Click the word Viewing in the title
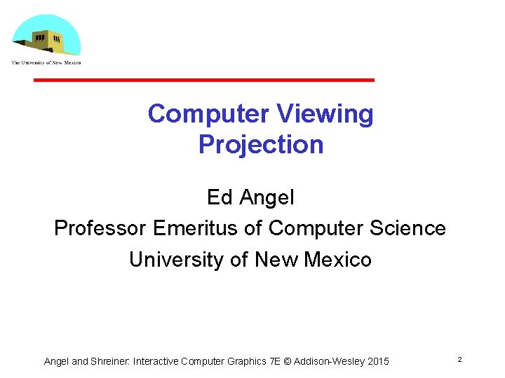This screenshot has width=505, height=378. (x=325, y=113)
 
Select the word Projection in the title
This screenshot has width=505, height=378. (x=261, y=144)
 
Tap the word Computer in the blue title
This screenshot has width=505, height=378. (x=208, y=113)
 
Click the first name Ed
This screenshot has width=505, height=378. (x=220, y=197)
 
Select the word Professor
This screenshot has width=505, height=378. (x=100, y=228)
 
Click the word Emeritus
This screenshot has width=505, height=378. (x=196, y=228)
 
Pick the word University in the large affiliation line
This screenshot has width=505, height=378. (x=176, y=260)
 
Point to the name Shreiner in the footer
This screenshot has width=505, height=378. (x=109, y=361)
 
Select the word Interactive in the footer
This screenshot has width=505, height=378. (x=155, y=361)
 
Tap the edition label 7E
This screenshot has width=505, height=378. (x=277, y=361)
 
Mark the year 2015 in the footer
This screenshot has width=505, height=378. (x=377, y=361)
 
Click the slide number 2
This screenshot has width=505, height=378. (x=459, y=359)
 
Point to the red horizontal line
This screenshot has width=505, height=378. (x=204, y=80)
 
